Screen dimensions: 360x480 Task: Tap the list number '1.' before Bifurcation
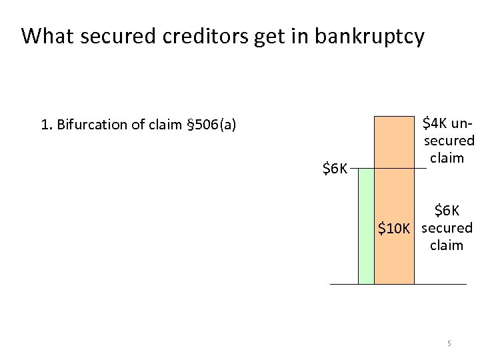[x=46, y=125]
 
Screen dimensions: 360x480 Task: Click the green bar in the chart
[x=366, y=226]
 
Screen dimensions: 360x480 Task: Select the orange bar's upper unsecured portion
[x=393, y=142]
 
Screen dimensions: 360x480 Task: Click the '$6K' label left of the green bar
[x=335, y=169]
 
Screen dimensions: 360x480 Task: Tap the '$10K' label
[x=394, y=229]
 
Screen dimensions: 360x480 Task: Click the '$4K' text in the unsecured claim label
[x=435, y=124]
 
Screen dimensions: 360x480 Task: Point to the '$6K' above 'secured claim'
[x=447, y=211]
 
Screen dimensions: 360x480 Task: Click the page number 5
[x=449, y=344]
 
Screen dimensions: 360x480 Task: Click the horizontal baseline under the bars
[x=399, y=285]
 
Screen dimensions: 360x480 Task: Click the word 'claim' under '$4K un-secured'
[x=447, y=158]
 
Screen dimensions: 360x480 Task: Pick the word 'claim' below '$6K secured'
[x=447, y=245]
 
